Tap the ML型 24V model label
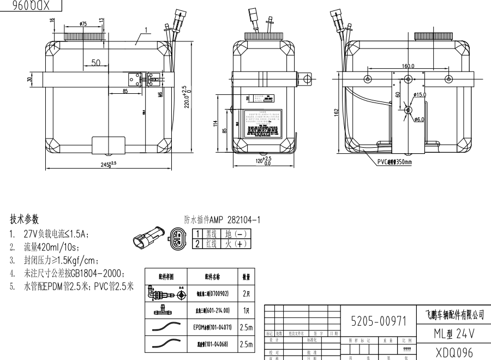pyautogui.click(x=451, y=333)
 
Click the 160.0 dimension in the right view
pyautogui.click(x=408, y=66)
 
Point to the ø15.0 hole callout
pyautogui.click(x=420, y=95)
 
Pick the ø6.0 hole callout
pyautogui.click(x=420, y=119)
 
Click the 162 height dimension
pyautogui.click(x=337, y=111)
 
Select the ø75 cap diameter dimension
pyautogui.click(x=83, y=24)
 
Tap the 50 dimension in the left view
pyautogui.click(x=95, y=63)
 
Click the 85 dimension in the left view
pyautogui.click(x=125, y=92)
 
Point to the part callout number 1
pyautogui.click(x=147, y=29)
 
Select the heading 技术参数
pyautogui.click(x=25, y=219)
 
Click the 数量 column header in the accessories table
pyautogui.click(x=246, y=277)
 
